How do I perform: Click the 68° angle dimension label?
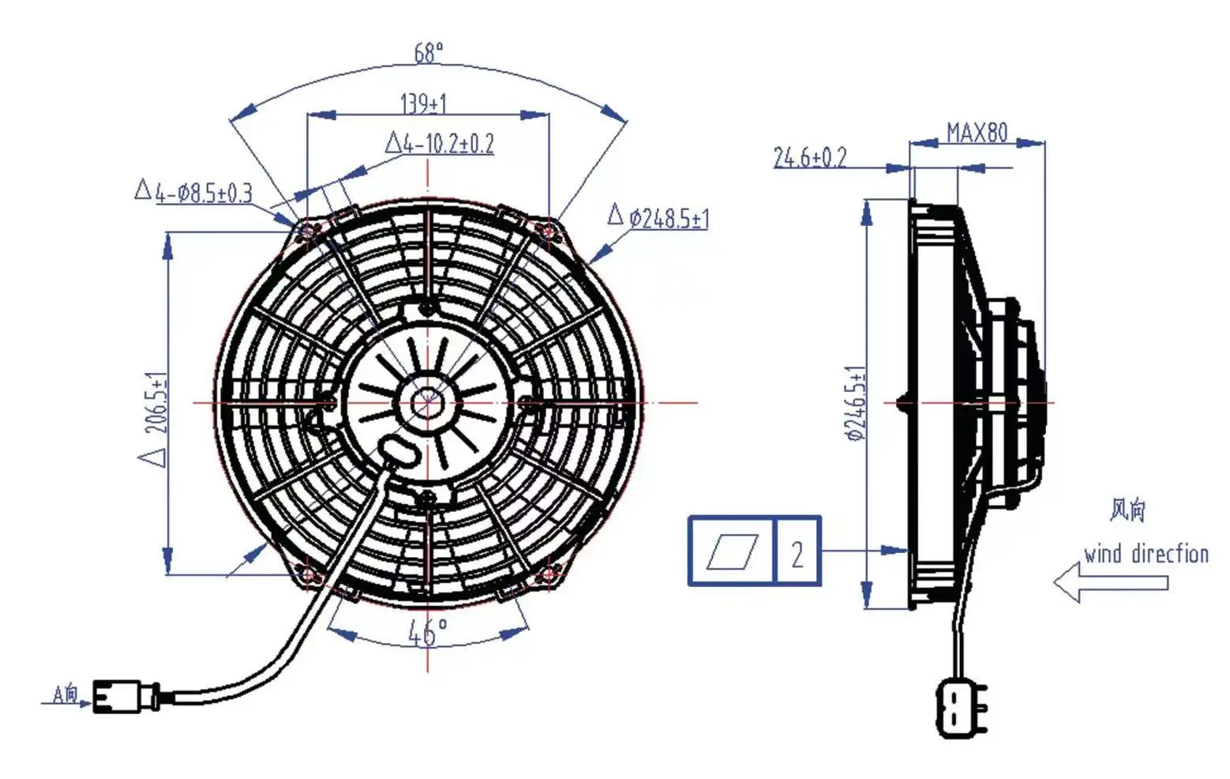tap(429, 53)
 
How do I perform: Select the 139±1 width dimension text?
tap(423, 103)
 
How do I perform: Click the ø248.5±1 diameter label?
tap(668, 217)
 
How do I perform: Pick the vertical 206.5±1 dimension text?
tap(156, 403)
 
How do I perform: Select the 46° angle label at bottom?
tap(427, 632)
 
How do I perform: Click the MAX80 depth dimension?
tap(977, 132)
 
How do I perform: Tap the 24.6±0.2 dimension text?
tap(809, 157)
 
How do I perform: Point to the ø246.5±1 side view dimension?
tap(855, 403)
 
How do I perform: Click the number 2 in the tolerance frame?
tap(797, 553)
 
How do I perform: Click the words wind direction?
tap(1146, 553)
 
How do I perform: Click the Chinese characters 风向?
tap(1127, 510)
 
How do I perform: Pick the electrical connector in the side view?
tap(960, 706)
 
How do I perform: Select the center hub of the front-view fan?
tap(427, 403)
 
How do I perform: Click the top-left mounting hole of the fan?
tap(308, 230)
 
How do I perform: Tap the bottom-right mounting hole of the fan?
tap(548, 575)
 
